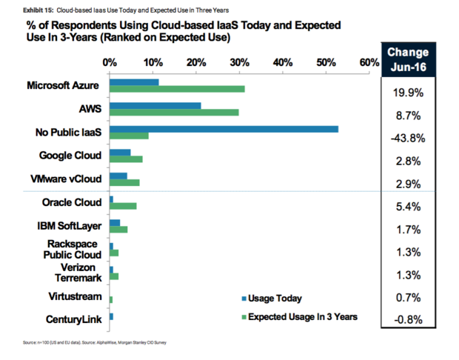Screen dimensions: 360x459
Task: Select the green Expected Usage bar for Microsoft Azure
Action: [x=177, y=89]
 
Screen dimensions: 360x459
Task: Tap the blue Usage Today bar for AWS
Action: [x=155, y=105]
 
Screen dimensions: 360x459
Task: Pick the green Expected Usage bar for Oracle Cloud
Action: [x=123, y=205]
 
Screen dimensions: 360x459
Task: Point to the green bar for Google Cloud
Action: [x=126, y=159]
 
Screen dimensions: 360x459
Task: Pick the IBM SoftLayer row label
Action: [x=68, y=225]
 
